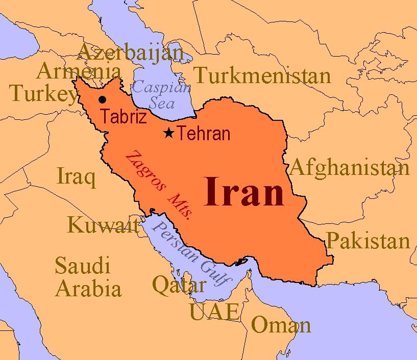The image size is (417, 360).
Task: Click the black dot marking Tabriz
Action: point(103,99)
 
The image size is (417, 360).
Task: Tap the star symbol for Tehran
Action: point(169,133)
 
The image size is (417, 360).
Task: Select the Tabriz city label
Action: point(124,117)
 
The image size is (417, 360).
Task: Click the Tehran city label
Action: point(204,134)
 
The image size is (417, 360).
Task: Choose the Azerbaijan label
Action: point(130,53)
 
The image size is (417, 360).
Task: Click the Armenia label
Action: point(79,71)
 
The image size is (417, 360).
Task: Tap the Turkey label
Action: point(43,93)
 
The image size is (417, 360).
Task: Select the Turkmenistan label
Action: point(263,75)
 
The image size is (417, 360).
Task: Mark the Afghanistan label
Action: point(350,168)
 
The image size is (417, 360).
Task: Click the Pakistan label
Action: point(368,240)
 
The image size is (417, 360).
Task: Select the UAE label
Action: point(214,311)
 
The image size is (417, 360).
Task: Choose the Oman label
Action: point(281,324)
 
